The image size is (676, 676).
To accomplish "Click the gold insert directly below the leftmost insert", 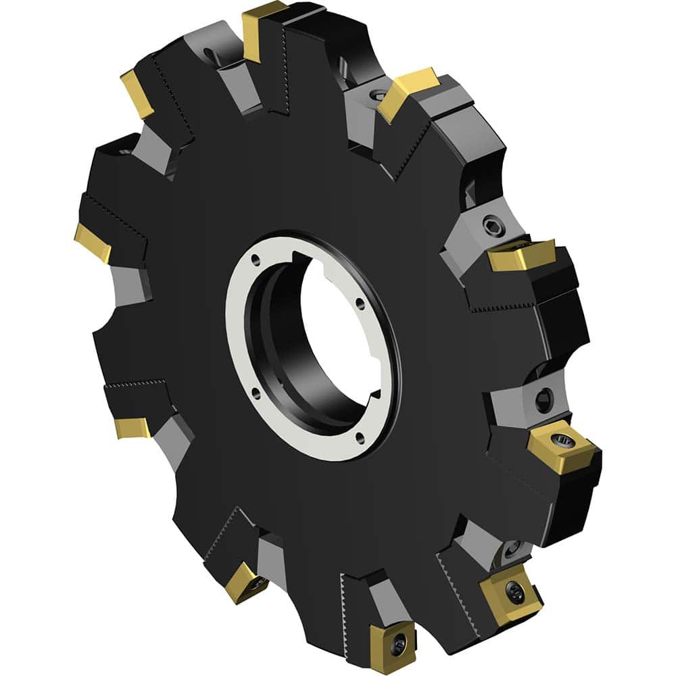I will pos(132,427).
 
